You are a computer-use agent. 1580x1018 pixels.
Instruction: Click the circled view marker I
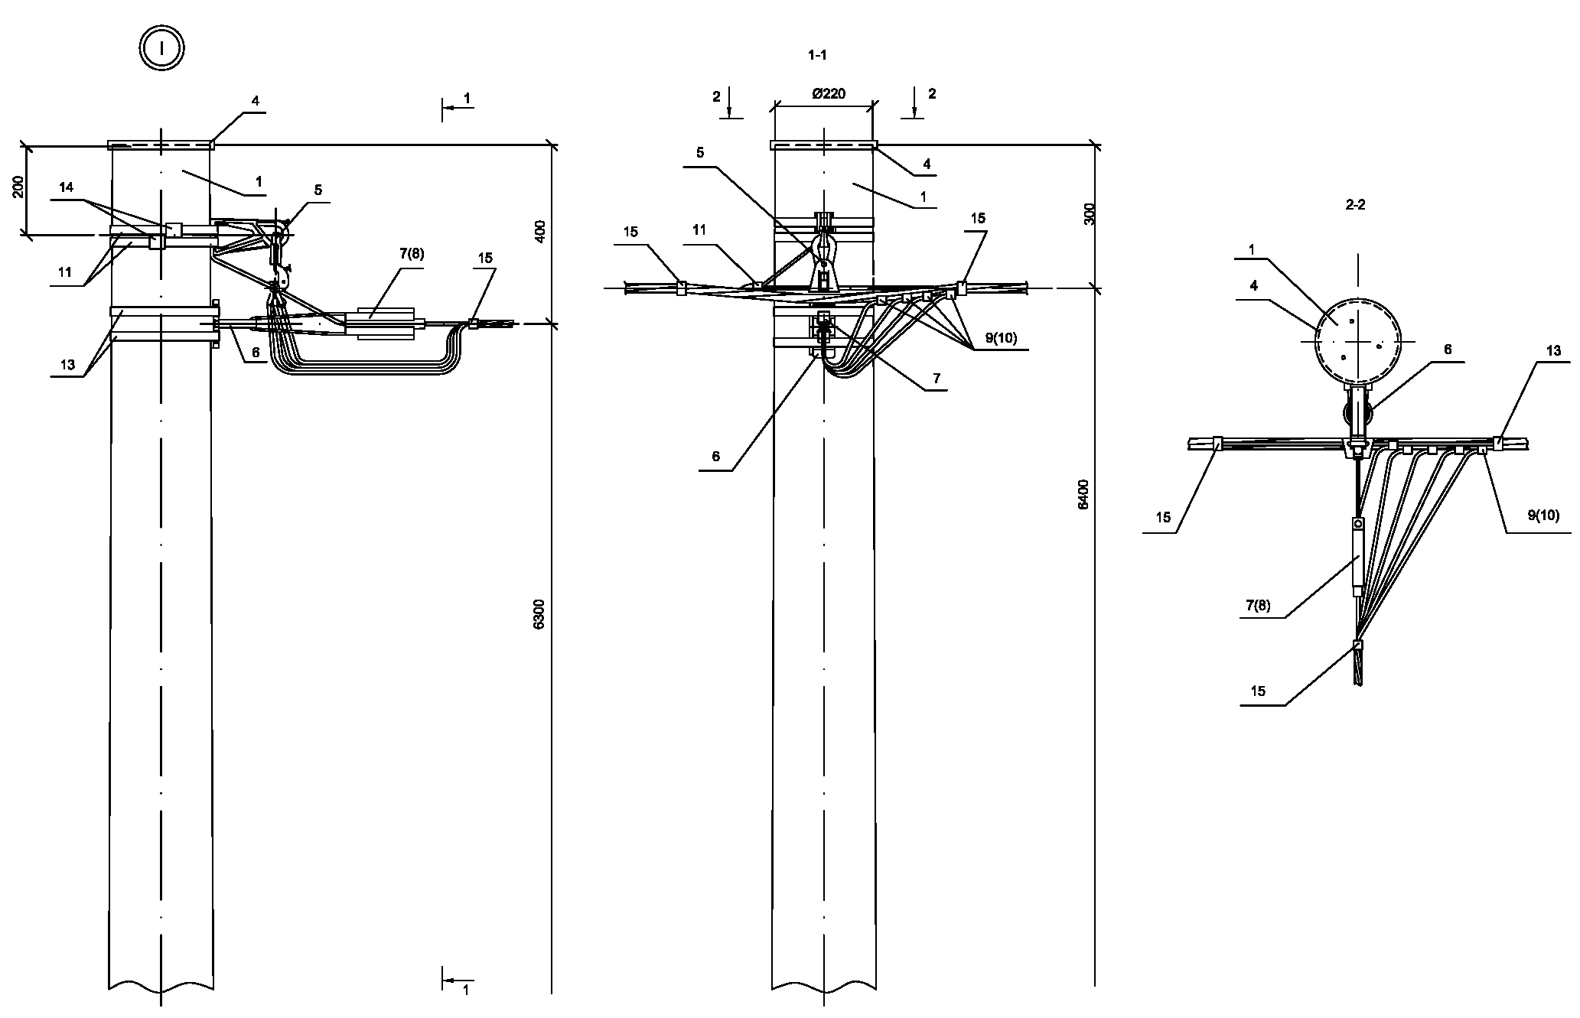(161, 49)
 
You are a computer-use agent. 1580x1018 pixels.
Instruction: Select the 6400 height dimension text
(1083, 494)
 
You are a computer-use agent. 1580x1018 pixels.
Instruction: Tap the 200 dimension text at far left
(19, 187)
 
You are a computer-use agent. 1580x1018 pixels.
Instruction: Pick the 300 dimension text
(1090, 213)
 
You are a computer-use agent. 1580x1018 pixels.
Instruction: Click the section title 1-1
(817, 55)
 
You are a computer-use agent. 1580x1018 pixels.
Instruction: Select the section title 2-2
(1354, 205)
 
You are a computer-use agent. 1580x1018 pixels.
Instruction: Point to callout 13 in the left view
(67, 365)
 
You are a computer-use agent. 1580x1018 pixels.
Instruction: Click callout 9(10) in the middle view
(1002, 338)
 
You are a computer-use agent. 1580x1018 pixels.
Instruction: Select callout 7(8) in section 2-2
(1257, 606)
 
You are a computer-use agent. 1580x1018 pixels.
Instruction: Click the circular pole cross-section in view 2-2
(1357, 340)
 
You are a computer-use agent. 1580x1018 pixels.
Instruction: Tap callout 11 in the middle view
(699, 229)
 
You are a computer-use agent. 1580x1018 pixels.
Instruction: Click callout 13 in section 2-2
(1552, 351)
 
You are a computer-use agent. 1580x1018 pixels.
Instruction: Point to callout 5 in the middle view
(699, 152)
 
